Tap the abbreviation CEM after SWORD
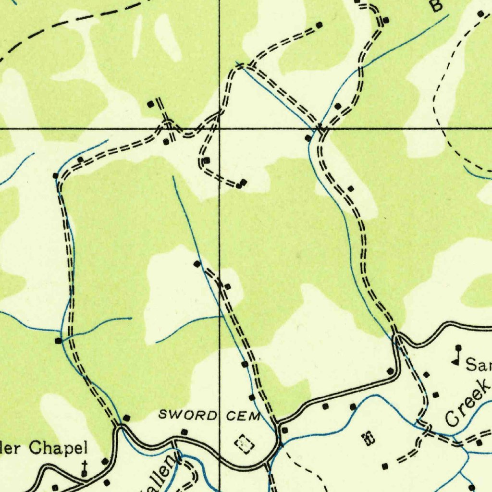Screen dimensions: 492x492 click(x=243, y=416)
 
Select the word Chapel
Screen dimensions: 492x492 click(x=58, y=448)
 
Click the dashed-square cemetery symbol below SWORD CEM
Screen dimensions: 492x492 click(x=245, y=443)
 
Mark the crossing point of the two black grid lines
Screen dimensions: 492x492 click(x=220, y=129)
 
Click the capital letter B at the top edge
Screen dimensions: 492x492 click(x=435, y=6)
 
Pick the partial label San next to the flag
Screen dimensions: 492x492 click(x=479, y=366)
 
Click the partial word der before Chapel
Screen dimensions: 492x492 click(x=10, y=449)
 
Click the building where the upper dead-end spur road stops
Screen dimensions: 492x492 click(x=320, y=24)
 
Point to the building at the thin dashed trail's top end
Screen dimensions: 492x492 click(x=480, y=13)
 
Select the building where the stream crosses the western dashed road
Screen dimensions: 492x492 click(x=58, y=341)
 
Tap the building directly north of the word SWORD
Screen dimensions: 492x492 click(x=184, y=432)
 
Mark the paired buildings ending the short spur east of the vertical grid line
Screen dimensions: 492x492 click(x=242, y=184)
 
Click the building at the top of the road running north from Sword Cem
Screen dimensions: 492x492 click(x=197, y=264)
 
